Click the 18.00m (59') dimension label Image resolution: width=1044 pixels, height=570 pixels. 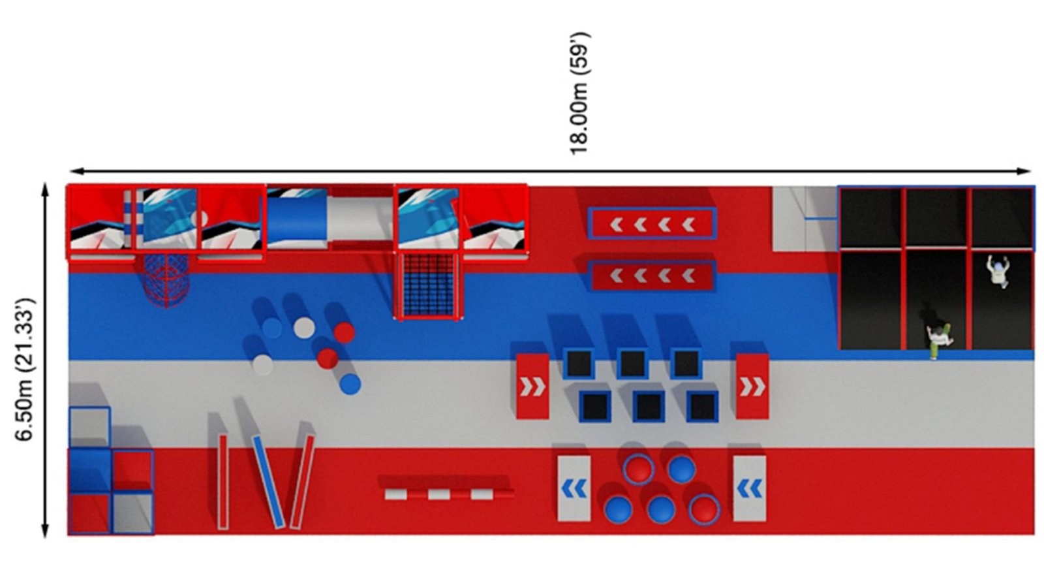pos(579,93)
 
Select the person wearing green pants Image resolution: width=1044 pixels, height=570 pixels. pos(939,341)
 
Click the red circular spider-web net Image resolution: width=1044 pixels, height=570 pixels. pos(166,281)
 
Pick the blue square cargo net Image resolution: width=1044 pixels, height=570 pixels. pos(428,285)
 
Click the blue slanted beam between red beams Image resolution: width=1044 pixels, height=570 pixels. pos(268,482)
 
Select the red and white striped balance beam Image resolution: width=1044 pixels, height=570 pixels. pos(449,494)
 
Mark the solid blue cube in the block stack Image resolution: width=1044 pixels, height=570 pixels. pos(90,470)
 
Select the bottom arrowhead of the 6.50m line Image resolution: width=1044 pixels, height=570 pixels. pos(45,530)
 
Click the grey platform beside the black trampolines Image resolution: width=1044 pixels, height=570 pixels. pos(805,219)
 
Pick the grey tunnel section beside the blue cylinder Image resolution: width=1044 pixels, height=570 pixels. pos(360,219)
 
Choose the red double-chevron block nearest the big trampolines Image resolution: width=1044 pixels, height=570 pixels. pos(752,387)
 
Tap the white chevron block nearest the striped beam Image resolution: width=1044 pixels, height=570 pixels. pos(574,488)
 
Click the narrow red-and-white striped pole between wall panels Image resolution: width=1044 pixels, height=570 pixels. pos(129,219)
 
